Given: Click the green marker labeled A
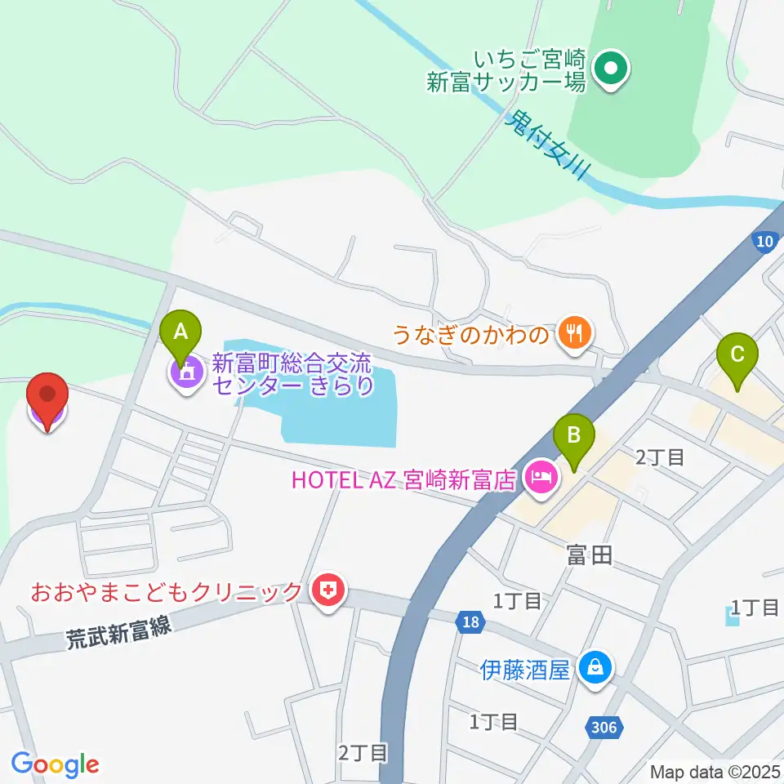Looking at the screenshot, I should click(181, 333).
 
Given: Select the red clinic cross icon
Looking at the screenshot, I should click(328, 590).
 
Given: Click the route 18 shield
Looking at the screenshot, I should click(469, 623).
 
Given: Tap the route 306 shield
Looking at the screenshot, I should click(605, 725).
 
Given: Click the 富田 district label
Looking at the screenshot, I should click(589, 556).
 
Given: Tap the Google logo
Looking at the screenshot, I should click(56, 764).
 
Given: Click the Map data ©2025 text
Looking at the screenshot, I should click(715, 771).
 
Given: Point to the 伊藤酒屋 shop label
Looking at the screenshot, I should click(523, 670).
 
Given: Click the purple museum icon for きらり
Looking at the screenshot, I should click(187, 372).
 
